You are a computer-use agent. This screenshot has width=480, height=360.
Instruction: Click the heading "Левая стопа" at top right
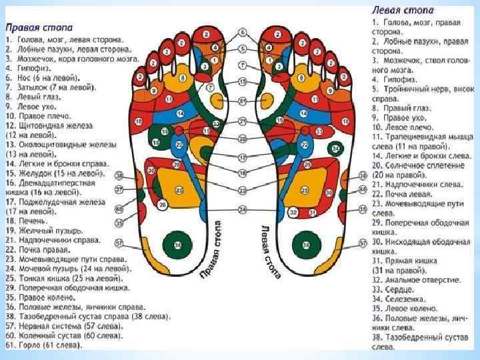point(402,11)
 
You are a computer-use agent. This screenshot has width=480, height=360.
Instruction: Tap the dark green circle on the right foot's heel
point(178,245)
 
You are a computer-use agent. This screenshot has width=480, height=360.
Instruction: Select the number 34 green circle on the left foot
point(337,147)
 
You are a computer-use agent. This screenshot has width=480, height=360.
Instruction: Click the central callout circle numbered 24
point(243,209)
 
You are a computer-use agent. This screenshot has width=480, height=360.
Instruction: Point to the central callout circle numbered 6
point(243,33)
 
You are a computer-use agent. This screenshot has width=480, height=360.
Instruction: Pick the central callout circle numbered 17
point(243,157)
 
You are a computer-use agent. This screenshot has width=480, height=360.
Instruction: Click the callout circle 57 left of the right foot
point(120,243)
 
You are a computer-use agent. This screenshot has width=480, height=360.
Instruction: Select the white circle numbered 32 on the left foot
point(293,212)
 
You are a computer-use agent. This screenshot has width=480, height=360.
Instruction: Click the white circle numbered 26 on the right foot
point(163,205)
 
